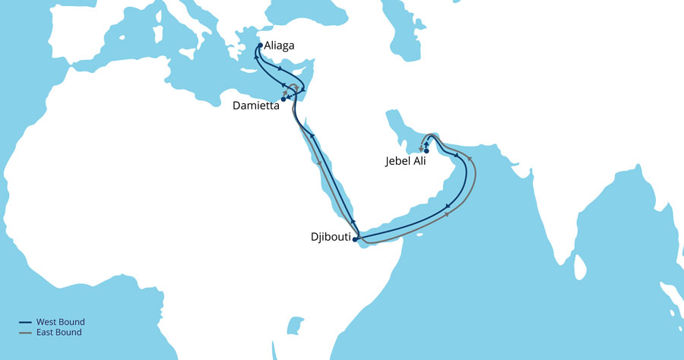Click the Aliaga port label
click(x=280, y=46)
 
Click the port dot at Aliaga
click(x=260, y=46)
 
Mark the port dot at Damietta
click(x=283, y=99)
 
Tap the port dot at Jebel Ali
click(x=426, y=151)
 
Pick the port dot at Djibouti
click(x=355, y=239)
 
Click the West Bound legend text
click(x=60, y=322)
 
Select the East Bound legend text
click(x=59, y=333)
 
